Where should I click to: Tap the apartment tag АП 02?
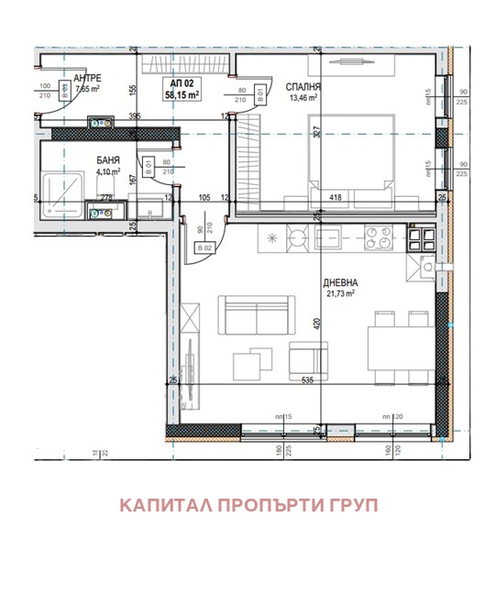[x=182, y=82]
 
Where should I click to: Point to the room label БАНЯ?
[x=108, y=159]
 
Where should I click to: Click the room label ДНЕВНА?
[x=339, y=282]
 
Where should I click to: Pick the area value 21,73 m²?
[x=339, y=293]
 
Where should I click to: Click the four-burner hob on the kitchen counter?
[x=377, y=239]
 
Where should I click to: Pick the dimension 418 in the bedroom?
[x=336, y=196]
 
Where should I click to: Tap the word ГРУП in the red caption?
[x=353, y=505]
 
